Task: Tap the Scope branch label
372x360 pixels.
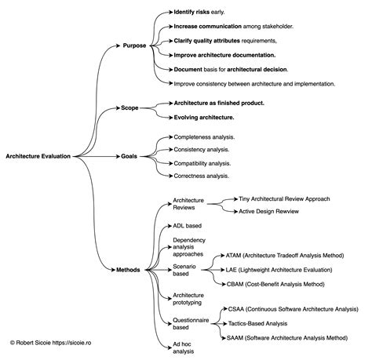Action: coord(130,107)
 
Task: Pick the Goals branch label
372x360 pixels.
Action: coord(129,156)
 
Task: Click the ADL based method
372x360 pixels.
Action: coord(188,224)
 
